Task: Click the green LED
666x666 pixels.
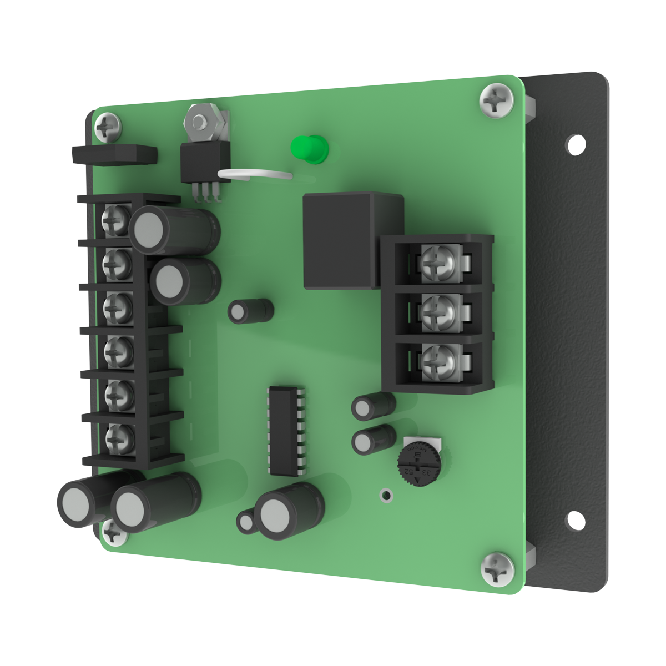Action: coord(310,149)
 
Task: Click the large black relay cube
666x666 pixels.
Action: coord(350,241)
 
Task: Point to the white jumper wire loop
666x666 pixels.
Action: coord(255,175)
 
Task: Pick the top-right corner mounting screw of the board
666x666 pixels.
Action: coord(496,100)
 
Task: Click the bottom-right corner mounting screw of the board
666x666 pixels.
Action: coord(497,568)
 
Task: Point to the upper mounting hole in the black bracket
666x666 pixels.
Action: coord(576,144)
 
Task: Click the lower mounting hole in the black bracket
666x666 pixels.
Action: coord(576,521)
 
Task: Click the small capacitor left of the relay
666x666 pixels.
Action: coord(250,311)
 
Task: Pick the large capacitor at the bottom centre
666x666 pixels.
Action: coord(289,511)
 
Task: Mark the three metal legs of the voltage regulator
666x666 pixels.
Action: coord(206,191)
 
